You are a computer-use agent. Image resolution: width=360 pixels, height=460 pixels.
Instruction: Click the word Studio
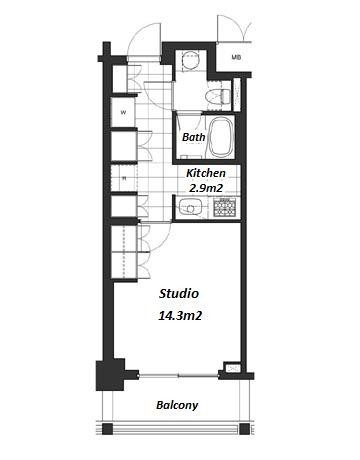tap(179, 294)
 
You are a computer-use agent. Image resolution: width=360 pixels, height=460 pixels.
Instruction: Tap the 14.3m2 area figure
tap(180, 315)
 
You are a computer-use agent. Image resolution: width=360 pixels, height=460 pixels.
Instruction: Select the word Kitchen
tap(206, 173)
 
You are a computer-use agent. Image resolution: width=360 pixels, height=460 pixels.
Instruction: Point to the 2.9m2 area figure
tap(206, 188)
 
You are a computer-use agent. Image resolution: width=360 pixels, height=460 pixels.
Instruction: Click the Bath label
tap(194, 137)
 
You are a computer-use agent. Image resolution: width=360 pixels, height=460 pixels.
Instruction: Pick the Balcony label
tap(177, 405)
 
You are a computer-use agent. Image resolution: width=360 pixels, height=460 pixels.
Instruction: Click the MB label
tap(236, 57)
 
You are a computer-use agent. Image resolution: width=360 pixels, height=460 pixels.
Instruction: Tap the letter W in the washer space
tap(123, 113)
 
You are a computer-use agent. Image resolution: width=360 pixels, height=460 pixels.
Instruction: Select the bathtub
tap(220, 137)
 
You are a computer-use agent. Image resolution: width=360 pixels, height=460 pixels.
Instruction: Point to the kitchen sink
tap(190, 207)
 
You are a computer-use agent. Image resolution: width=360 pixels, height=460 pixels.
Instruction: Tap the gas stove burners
tap(225, 207)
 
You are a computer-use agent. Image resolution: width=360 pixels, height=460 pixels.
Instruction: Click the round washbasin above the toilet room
tap(191, 60)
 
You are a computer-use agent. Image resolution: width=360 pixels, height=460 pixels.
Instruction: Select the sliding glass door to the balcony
tap(179, 376)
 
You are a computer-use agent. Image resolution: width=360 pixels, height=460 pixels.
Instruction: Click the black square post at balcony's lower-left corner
tap(107, 429)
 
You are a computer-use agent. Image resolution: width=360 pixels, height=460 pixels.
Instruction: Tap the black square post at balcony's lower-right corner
tap(244, 429)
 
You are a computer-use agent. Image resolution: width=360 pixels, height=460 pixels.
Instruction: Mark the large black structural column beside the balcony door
tap(111, 375)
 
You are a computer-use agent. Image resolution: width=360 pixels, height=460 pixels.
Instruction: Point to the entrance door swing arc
tap(139, 37)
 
